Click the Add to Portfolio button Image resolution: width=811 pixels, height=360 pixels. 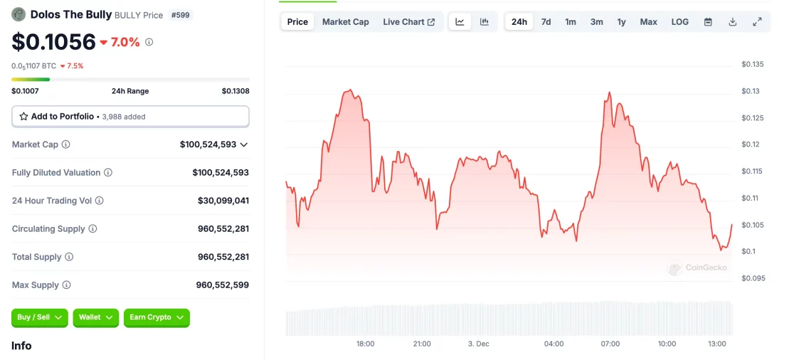click(x=130, y=116)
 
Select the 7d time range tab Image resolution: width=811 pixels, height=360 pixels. click(x=546, y=22)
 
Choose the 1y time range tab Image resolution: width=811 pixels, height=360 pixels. click(x=621, y=22)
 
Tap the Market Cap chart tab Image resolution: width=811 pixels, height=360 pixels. click(x=345, y=22)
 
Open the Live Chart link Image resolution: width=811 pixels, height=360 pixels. click(x=408, y=22)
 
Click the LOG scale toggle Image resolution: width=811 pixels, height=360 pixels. click(x=679, y=22)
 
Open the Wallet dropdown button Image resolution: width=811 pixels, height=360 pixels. click(x=95, y=317)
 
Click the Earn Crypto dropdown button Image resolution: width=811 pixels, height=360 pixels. click(x=157, y=317)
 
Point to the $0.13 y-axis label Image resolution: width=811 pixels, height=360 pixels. click(x=751, y=91)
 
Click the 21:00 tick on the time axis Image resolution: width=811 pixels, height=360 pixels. click(x=422, y=344)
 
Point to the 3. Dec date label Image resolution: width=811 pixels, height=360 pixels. click(x=478, y=344)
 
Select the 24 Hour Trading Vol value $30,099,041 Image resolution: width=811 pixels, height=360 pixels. click(x=223, y=201)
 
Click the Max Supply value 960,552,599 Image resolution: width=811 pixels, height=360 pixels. click(x=222, y=285)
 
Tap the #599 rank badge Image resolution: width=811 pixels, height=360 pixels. click(x=181, y=15)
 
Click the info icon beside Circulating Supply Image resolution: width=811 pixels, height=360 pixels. click(x=92, y=229)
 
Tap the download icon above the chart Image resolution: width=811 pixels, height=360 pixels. click(x=732, y=22)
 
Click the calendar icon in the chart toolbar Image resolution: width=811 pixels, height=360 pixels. click(x=708, y=22)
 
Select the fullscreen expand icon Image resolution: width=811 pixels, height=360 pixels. click(x=757, y=22)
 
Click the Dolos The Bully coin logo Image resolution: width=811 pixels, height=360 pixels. click(x=18, y=14)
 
